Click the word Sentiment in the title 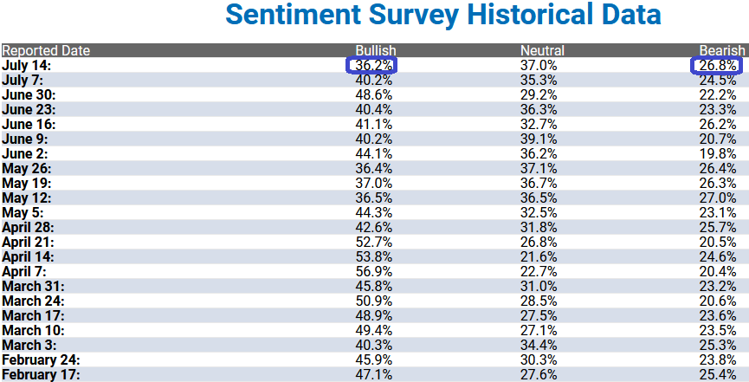pos(294,15)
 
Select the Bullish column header pos(376,51)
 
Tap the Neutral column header pos(542,51)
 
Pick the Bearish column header pos(722,51)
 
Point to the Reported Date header pos(46,51)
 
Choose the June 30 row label pos(29,94)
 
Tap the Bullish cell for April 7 pos(373,272)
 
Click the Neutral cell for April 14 pos(539,256)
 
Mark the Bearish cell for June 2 pos(718,153)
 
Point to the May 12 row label pos(27,198)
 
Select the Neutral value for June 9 pos(539,139)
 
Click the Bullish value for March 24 pos(373,301)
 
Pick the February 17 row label pos(41,374)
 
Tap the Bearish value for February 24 pos(718,359)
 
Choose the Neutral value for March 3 pos(539,345)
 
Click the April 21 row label pos(29,242)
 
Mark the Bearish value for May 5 pos(718,212)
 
